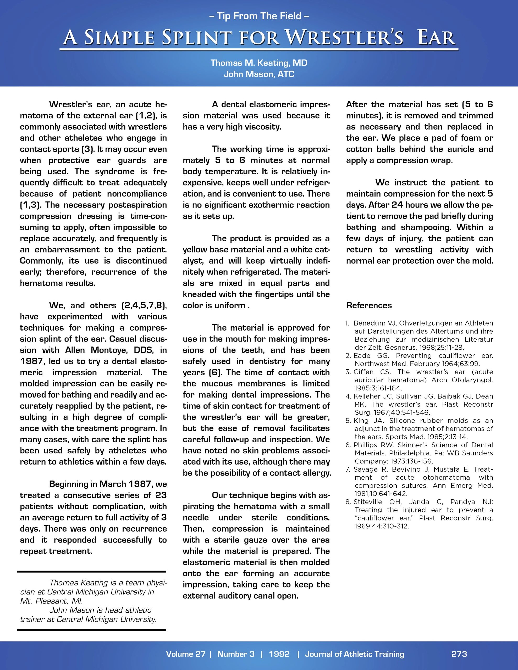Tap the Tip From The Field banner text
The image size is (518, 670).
(x=259, y=16)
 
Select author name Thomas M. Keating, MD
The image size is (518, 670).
(x=259, y=63)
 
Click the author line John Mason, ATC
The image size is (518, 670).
(x=259, y=74)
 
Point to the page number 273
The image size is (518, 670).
(x=459, y=654)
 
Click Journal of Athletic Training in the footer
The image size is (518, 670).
(x=354, y=654)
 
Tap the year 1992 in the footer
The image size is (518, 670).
(x=279, y=654)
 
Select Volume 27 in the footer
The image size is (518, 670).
(x=185, y=654)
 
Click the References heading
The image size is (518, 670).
(x=369, y=305)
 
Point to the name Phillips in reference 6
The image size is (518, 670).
(x=365, y=445)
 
